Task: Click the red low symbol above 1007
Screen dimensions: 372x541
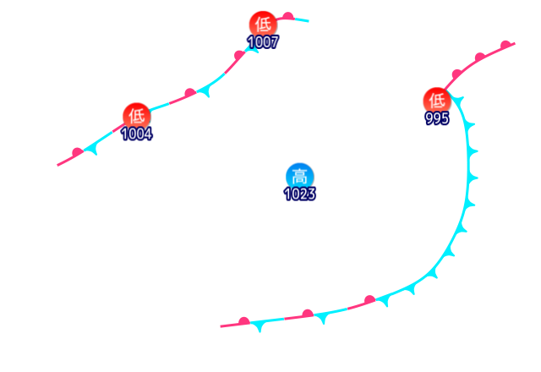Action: pos(262,25)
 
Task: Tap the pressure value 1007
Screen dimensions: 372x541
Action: pos(263,42)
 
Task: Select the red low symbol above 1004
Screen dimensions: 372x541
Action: pos(136,115)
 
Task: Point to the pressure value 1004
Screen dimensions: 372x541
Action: pos(136,134)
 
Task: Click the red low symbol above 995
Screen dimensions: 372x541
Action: pos(436,100)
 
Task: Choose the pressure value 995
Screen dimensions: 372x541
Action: pos(437,119)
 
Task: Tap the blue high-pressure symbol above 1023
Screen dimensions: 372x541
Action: pos(299,176)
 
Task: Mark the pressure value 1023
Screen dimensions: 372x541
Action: pos(299,194)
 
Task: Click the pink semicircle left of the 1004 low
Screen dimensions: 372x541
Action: pos(78,152)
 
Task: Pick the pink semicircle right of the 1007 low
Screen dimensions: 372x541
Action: pos(287,16)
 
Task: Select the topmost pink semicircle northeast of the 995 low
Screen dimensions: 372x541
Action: pos(505,44)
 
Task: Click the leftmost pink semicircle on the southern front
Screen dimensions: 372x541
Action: pos(243,321)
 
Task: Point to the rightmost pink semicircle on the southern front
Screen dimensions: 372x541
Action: pos(369,299)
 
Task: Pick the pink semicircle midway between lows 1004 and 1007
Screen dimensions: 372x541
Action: pos(189,91)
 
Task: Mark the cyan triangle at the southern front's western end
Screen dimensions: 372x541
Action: pos(257,326)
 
